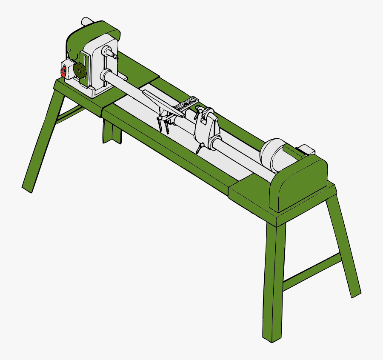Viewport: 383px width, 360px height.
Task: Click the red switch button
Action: (x=64, y=71)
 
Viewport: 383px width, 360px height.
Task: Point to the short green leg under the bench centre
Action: (x=111, y=132)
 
